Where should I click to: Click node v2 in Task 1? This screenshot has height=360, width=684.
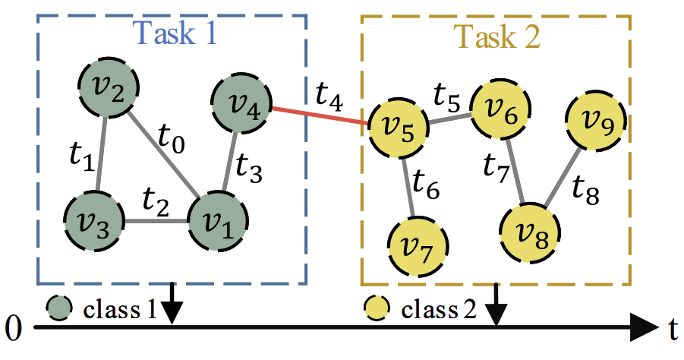(109, 87)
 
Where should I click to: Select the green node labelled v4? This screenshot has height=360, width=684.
(241, 103)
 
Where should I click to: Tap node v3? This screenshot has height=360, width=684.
(94, 220)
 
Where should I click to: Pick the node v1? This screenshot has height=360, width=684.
(218, 220)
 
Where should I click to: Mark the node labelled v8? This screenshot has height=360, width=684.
(530, 232)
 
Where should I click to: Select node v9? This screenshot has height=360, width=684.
(596, 121)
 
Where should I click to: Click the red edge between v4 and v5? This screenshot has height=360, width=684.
(320, 116)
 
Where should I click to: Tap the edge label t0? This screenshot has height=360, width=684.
(172, 139)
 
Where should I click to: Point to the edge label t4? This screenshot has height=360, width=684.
(329, 96)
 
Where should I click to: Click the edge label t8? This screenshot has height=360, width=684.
(585, 190)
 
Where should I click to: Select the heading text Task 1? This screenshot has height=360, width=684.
(174, 33)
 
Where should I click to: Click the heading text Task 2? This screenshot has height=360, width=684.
(496, 36)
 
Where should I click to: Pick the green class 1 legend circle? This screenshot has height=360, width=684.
(59, 308)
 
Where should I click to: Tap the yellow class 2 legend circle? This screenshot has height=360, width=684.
(377, 308)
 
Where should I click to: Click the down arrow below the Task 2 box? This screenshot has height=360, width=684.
(496, 304)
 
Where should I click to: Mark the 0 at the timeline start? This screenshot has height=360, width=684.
(13, 328)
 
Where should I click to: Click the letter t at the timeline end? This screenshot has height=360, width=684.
(673, 329)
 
